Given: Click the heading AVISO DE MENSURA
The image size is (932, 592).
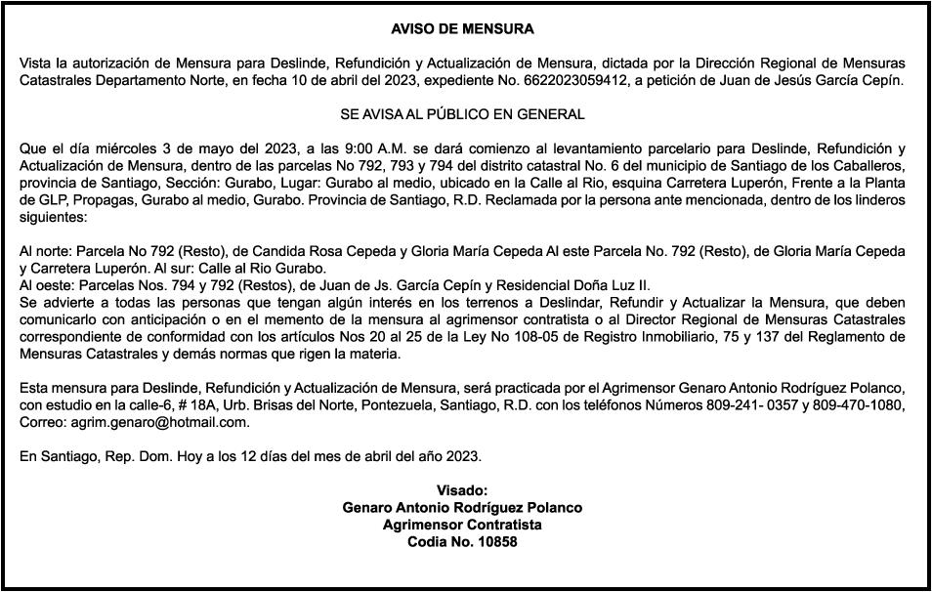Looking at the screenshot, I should click(462, 29).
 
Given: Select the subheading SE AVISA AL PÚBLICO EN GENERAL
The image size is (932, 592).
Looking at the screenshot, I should click(462, 114).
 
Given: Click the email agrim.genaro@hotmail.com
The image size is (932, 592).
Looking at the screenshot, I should click(160, 422).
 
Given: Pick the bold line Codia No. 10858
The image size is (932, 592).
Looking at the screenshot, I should click(462, 541).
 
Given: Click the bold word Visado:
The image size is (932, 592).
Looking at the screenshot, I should click(462, 490).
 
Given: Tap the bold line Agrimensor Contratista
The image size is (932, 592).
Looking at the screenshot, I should click(462, 525).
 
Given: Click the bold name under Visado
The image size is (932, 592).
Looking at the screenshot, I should click(462, 508).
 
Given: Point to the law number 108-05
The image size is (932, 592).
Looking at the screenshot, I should click(605, 337).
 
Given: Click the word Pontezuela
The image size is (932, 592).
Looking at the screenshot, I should click(429, 405).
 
